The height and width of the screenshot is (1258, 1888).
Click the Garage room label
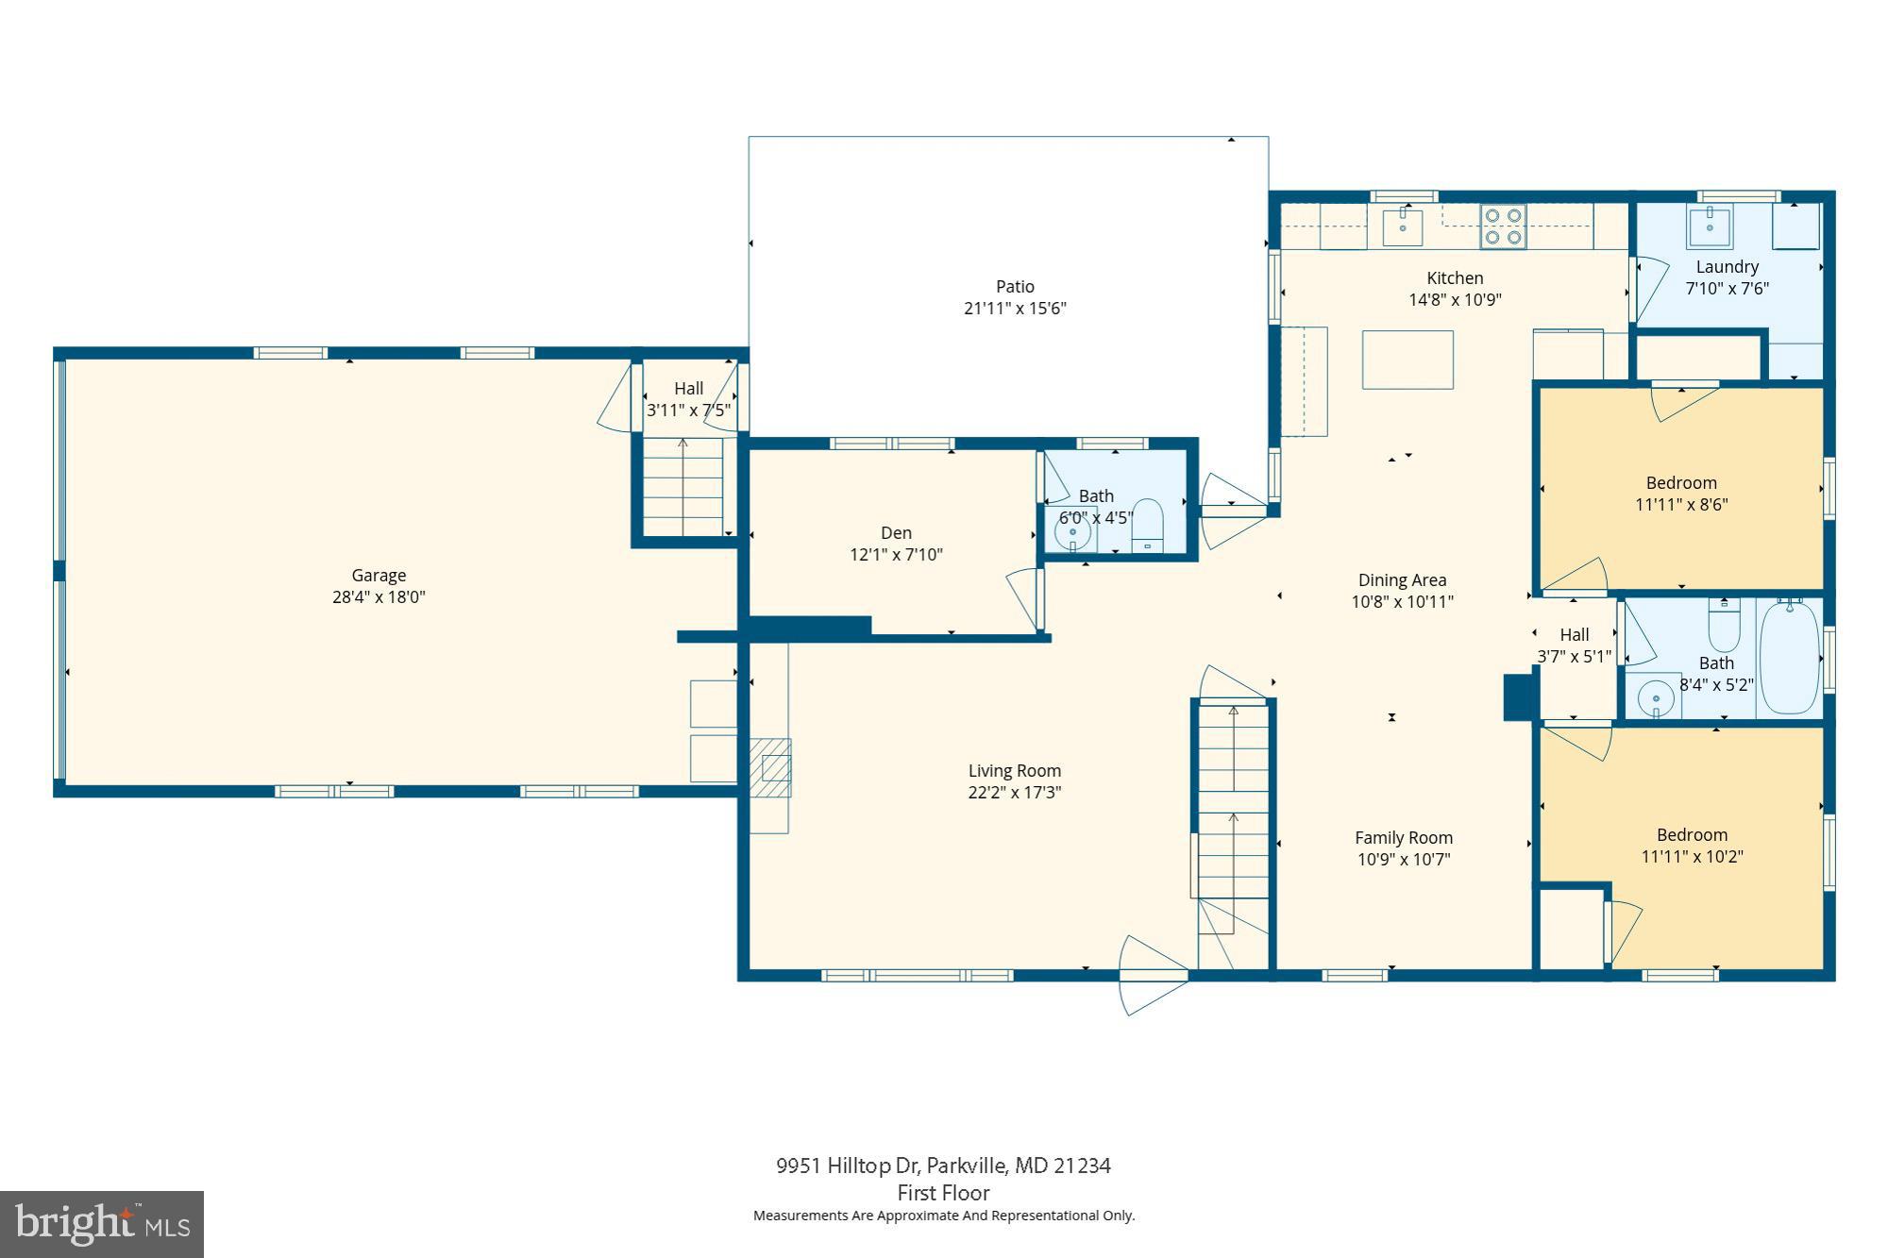tap(379, 575)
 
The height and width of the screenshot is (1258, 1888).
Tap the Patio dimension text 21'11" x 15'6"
tap(1015, 309)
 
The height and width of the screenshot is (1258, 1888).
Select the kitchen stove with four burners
tap(1503, 226)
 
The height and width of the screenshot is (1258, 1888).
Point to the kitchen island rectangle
tap(1408, 360)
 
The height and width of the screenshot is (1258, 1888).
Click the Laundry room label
tap(1727, 267)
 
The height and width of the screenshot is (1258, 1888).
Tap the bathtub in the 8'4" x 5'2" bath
tap(1788, 658)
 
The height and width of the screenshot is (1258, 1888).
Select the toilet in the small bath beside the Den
tap(1148, 525)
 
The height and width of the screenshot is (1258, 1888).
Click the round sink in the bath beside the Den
tap(1072, 533)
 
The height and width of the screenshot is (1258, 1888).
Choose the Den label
tap(896, 533)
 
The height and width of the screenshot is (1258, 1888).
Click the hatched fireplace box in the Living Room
tap(771, 767)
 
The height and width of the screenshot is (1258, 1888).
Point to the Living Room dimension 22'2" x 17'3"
tap(1015, 793)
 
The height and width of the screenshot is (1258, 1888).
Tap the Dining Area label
tap(1402, 580)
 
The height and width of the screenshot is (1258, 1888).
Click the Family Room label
tap(1404, 838)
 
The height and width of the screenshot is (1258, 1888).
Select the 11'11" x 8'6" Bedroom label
tap(1681, 483)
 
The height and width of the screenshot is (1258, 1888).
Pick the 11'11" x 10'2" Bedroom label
tap(1692, 835)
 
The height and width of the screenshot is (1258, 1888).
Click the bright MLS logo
tap(102, 1224)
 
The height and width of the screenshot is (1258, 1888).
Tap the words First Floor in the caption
tap(943, 1193)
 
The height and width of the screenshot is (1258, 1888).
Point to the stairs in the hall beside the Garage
tap(683, 487)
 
